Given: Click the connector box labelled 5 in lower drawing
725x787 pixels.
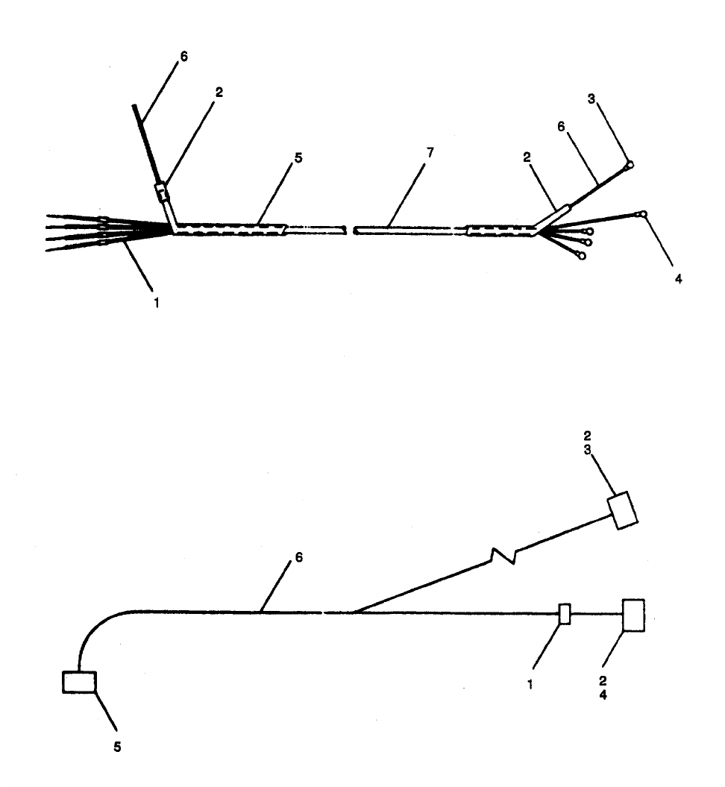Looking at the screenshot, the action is click(x=79, y=682).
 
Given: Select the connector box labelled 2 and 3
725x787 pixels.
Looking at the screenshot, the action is click(x=623, y=510).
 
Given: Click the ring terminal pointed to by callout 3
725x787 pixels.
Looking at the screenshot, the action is click(x=630, y=165).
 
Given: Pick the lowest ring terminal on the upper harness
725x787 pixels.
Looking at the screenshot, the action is click(x=581, y=256).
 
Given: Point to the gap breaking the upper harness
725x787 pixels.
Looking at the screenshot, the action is click(x=350, y=229).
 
